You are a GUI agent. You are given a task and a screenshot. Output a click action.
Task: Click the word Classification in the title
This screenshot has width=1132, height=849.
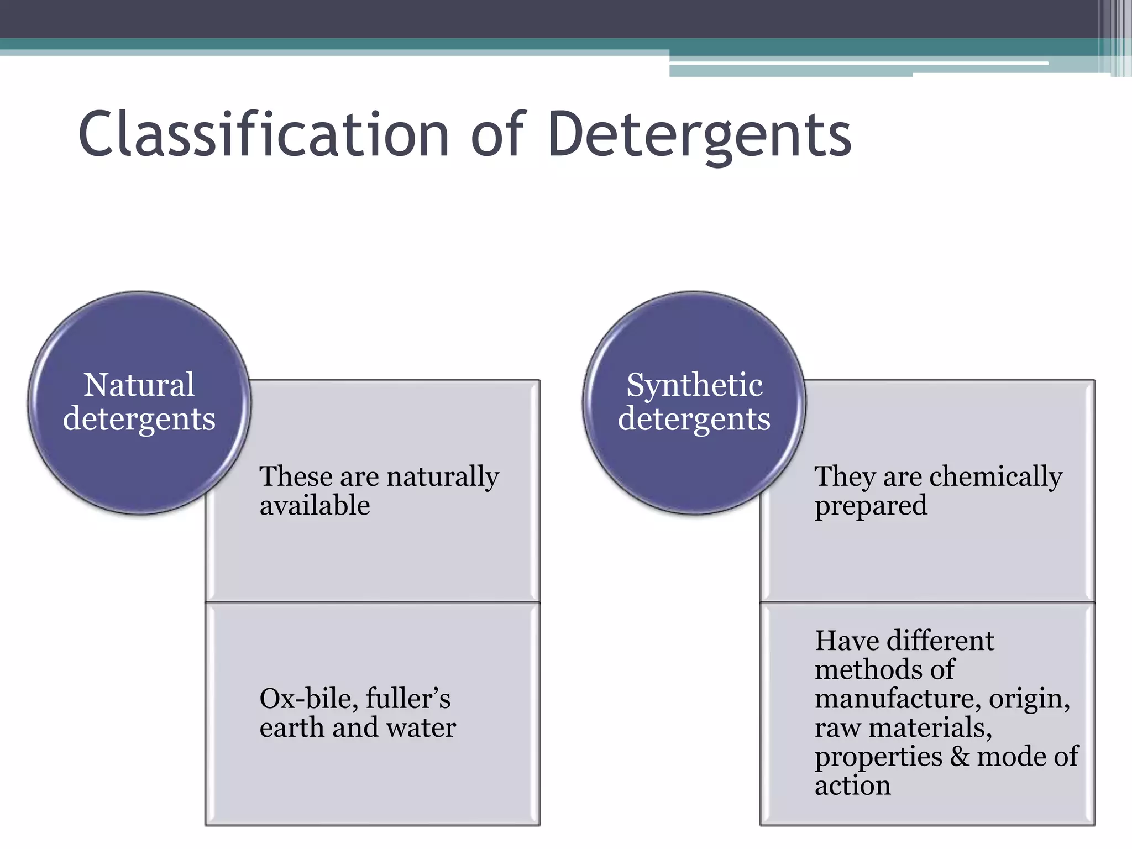point(263,134)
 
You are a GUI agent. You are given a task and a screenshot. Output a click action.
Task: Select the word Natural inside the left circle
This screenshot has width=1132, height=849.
point(139,385)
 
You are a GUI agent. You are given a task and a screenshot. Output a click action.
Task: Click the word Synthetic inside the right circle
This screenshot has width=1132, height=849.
point(694,385)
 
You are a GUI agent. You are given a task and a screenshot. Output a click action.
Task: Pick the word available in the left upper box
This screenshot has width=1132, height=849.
point(315,505)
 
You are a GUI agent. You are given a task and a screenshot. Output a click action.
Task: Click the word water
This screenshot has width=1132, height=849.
point(421,727)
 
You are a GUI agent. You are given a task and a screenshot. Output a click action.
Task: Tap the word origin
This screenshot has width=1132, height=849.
point(1029,699)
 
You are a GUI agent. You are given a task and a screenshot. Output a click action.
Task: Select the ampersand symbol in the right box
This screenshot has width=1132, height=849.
point(960,756)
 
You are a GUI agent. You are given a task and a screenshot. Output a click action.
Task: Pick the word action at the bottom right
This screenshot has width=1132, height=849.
point(852,785)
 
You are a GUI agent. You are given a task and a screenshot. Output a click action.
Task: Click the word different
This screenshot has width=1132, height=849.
point(941,641)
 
